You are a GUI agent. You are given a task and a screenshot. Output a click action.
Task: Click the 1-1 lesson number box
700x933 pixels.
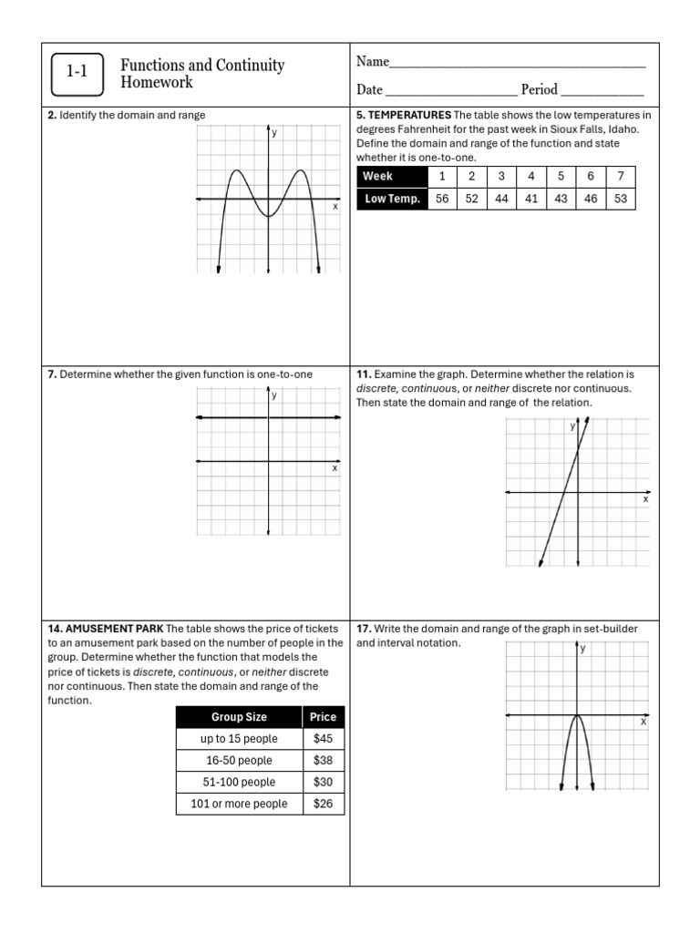76,74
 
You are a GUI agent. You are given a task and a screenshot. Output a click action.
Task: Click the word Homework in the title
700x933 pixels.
158,83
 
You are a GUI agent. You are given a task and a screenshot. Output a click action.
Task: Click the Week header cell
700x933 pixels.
391,177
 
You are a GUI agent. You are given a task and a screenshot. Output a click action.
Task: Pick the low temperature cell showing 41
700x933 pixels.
531,199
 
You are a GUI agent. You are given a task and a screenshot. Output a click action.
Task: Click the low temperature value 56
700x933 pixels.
442,199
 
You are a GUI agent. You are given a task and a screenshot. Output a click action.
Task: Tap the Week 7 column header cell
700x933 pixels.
621,177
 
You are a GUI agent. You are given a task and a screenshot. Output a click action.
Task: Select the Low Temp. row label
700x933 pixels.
391,199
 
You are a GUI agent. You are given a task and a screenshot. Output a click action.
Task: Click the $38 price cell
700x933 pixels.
323,760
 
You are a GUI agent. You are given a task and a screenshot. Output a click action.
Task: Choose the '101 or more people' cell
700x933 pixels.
239,804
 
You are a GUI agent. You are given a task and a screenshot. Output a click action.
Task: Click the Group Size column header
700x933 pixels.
239,717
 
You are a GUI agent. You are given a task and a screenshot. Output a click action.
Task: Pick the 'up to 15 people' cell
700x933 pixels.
239,739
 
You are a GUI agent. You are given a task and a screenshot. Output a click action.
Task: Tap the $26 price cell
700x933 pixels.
323,804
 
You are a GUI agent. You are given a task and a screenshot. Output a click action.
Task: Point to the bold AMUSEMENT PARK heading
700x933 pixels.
115,629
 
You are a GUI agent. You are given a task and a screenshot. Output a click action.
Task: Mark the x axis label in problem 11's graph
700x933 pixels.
646,499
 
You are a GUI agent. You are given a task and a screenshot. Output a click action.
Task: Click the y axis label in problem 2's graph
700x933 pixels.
274,133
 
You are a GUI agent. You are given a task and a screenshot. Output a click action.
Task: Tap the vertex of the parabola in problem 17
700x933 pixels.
577,715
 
